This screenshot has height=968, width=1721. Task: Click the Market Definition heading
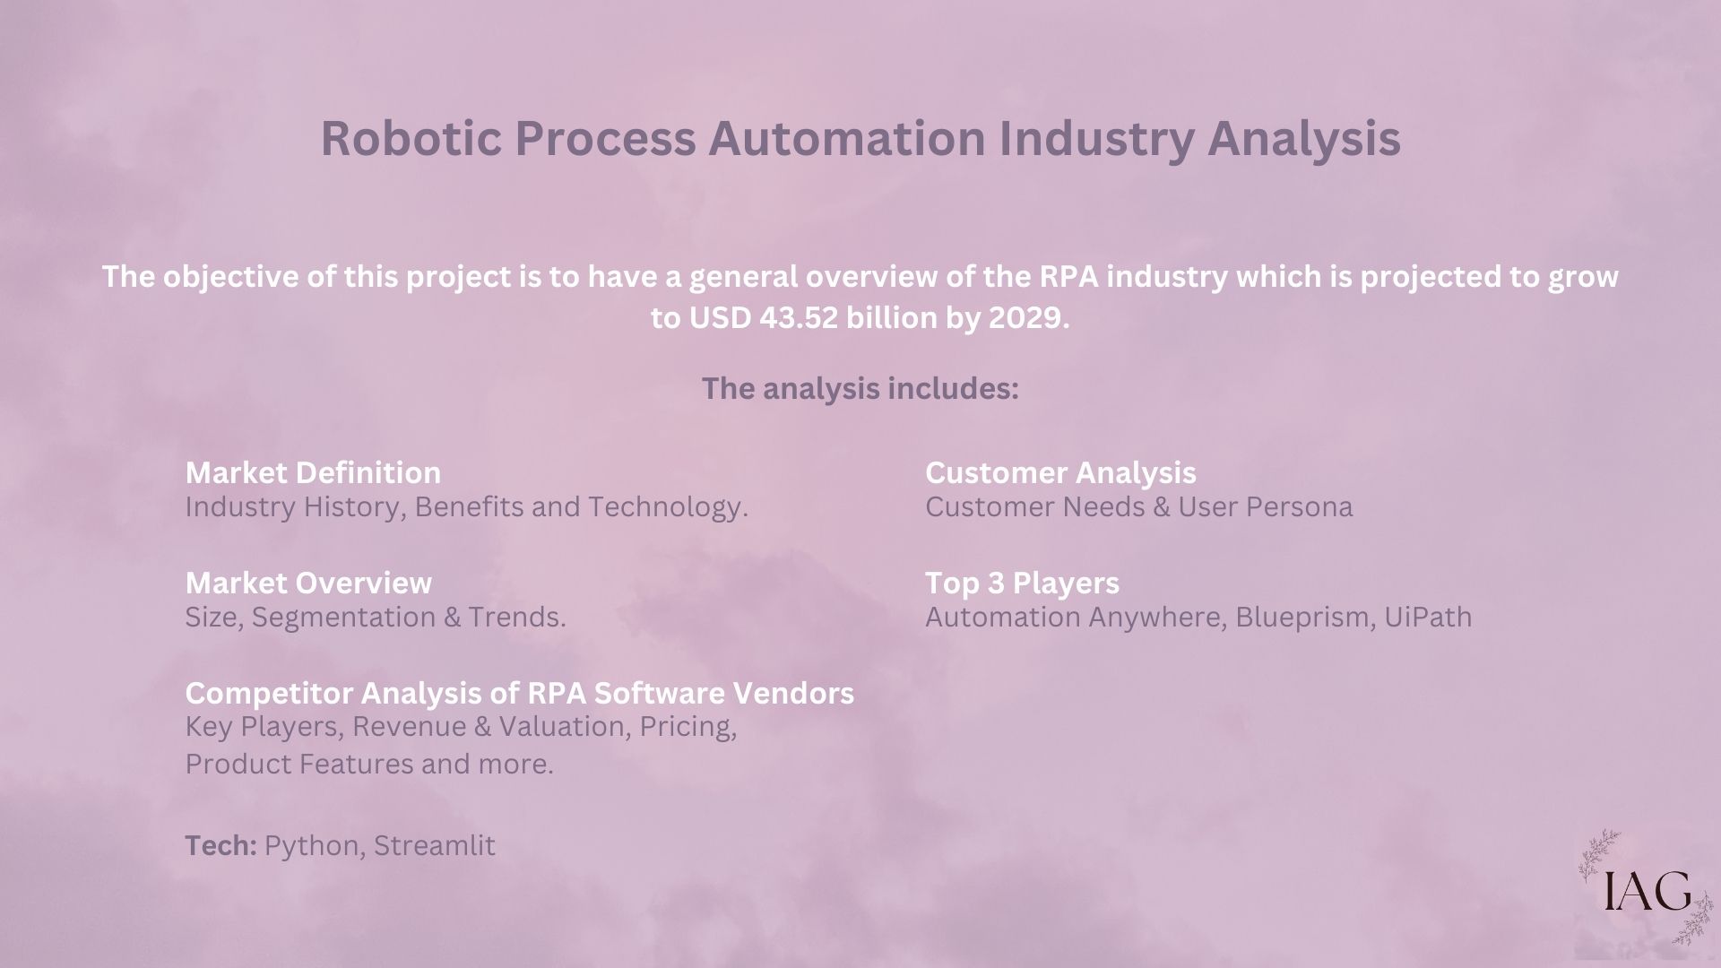313,472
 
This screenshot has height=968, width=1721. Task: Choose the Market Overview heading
308,583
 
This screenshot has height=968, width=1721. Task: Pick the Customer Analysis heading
1060,472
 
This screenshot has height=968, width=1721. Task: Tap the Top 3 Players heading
1022,583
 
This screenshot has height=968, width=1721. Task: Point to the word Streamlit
435,845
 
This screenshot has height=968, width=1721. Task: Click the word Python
315,846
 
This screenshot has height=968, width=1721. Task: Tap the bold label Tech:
221,845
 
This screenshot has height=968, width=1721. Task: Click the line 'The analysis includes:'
860,389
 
